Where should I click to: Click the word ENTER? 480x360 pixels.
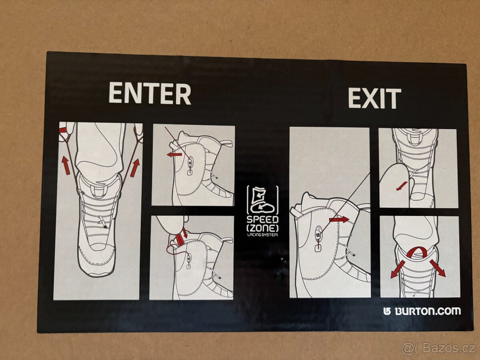pos(150,93)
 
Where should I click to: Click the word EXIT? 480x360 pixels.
pos(374,98)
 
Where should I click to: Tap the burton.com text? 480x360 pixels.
pos(428,311)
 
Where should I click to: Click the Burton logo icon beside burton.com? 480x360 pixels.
pos(387,311)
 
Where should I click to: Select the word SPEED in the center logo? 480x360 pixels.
pos(262,220)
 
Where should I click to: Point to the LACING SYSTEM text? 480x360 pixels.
pos(262,235)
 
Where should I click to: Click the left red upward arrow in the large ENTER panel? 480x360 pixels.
pos(66,165)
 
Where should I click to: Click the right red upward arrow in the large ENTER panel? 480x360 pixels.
pos(135,168)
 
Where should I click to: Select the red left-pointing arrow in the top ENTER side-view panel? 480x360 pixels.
pos(174,154)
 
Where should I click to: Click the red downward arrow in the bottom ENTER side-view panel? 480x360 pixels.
pos(186,233)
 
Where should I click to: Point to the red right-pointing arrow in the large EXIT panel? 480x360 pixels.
pos(338,220)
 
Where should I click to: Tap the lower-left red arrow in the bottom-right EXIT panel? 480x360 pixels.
pos(397,269)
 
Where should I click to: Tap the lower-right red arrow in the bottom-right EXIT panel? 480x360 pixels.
pos(437,268)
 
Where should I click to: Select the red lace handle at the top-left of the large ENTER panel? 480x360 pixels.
pos(64,130)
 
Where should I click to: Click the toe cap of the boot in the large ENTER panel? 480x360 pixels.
pos(96,262)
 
